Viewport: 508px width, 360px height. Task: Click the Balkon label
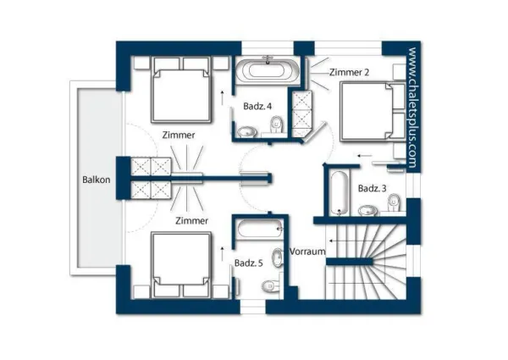(97, 180)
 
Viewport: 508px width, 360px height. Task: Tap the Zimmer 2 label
(349, 72)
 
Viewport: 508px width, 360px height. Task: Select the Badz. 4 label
(257, 106)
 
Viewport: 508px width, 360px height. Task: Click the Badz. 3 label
(373, 189)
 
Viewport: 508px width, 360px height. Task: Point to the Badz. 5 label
(248, 263)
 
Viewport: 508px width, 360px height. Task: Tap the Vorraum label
(307, 252)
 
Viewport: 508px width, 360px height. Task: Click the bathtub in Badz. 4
(268, 70)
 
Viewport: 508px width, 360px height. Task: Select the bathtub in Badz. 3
(340, 192)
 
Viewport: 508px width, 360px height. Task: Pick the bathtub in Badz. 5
(260, 229)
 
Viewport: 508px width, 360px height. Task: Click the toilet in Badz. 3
(394, 202)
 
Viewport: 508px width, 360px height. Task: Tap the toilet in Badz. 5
(270, 285)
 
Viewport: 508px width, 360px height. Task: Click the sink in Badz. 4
(247, 132)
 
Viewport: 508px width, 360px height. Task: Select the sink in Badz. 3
(367, 211)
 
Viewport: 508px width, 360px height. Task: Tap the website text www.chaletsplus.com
(413, 108)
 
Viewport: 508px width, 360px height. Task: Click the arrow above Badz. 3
(365, 156)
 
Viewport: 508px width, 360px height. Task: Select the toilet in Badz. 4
(276, 124)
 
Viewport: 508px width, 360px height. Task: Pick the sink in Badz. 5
(278, 258)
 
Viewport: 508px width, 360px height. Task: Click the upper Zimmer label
(179, 136)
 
